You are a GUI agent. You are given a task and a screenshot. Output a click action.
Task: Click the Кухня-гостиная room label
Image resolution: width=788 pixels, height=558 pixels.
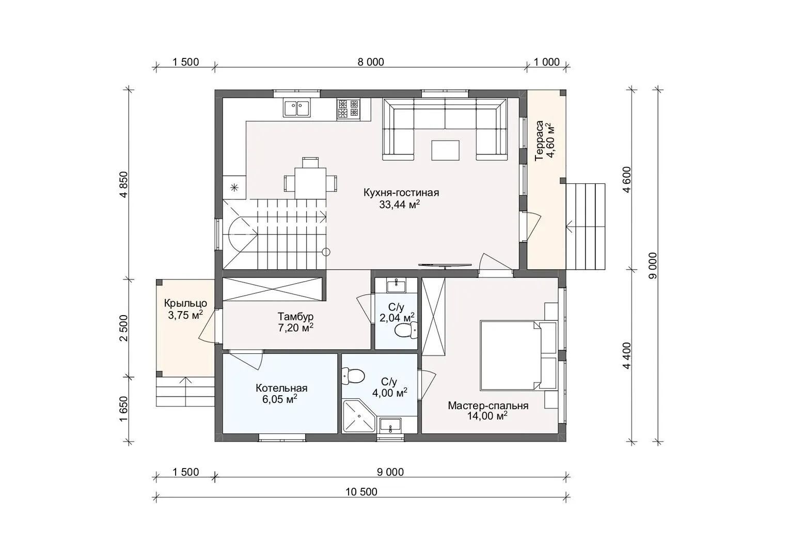[x=401, y=193]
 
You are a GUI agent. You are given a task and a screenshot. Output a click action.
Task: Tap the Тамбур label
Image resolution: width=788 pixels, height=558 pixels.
[x=295, y=316]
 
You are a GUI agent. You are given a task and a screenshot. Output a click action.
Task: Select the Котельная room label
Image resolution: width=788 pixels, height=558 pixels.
[x=281, y=388]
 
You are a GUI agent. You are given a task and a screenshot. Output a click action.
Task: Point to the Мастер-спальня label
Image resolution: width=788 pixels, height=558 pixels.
[x=488, y=406]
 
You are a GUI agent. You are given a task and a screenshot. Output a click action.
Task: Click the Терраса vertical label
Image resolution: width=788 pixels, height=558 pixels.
[x=539, y=141]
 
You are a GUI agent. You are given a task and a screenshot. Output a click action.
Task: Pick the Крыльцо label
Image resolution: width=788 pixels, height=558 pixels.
[x=185, y=303]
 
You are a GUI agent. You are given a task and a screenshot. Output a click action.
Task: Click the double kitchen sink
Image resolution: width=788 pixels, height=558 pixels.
[x=296, y=107]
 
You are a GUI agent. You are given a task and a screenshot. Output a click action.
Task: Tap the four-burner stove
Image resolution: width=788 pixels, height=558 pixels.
[x=348, y=108]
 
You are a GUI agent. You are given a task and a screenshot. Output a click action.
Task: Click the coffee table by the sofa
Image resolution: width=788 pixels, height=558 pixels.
[x=445, y=150]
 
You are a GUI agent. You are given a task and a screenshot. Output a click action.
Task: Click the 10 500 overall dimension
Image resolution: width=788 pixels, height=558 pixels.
[x=361, y=491]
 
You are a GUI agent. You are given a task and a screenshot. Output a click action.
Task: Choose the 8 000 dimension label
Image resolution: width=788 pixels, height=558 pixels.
[x=371, y=62]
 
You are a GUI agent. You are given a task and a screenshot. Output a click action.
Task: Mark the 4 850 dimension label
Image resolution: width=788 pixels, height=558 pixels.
[x=124, y=184]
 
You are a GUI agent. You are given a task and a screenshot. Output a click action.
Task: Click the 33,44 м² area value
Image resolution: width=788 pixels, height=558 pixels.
[x=400, y=205]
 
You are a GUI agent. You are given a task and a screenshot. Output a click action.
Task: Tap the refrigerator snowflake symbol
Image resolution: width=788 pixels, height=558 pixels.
[x=234, y=187]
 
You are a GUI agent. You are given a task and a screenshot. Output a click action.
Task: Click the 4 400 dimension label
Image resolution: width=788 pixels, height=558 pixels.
[x=627, y=355]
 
